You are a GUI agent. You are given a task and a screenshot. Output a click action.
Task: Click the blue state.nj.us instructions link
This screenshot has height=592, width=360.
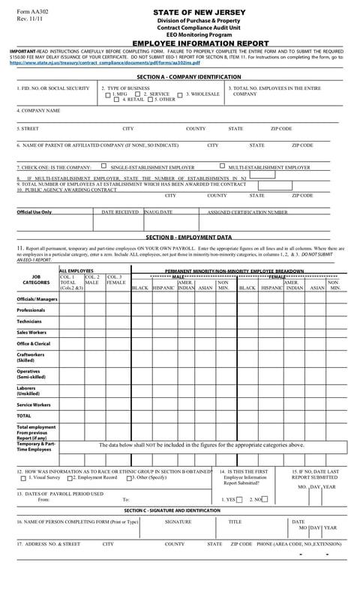[x=105, y=63]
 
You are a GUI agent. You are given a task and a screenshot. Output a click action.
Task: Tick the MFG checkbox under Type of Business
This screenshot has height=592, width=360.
[x=108, y=94]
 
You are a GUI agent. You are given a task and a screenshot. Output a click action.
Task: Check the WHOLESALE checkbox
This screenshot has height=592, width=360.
[x=181, y=94]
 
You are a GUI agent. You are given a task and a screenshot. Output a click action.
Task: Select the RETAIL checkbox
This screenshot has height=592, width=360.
[x=117, y=100]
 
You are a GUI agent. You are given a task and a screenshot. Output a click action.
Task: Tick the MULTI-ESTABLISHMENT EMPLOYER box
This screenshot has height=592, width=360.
[x=222, y=166]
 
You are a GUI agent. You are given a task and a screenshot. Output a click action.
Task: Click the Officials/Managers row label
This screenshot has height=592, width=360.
[x=37, y=299]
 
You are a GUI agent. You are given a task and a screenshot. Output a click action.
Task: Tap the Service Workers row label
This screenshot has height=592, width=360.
[x=34, y=405]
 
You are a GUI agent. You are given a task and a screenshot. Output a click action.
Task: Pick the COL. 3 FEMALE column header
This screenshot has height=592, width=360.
[x=116, y=280]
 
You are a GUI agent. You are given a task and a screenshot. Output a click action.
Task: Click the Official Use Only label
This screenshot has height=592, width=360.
[x=34, y=212]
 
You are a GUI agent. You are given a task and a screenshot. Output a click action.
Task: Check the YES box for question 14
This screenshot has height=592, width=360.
[x=238, y=499]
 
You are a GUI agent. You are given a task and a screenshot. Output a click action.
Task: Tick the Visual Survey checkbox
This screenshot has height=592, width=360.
[x=25, y=477]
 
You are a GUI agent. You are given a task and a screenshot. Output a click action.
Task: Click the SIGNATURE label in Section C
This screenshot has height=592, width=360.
[x=178, y=522]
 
